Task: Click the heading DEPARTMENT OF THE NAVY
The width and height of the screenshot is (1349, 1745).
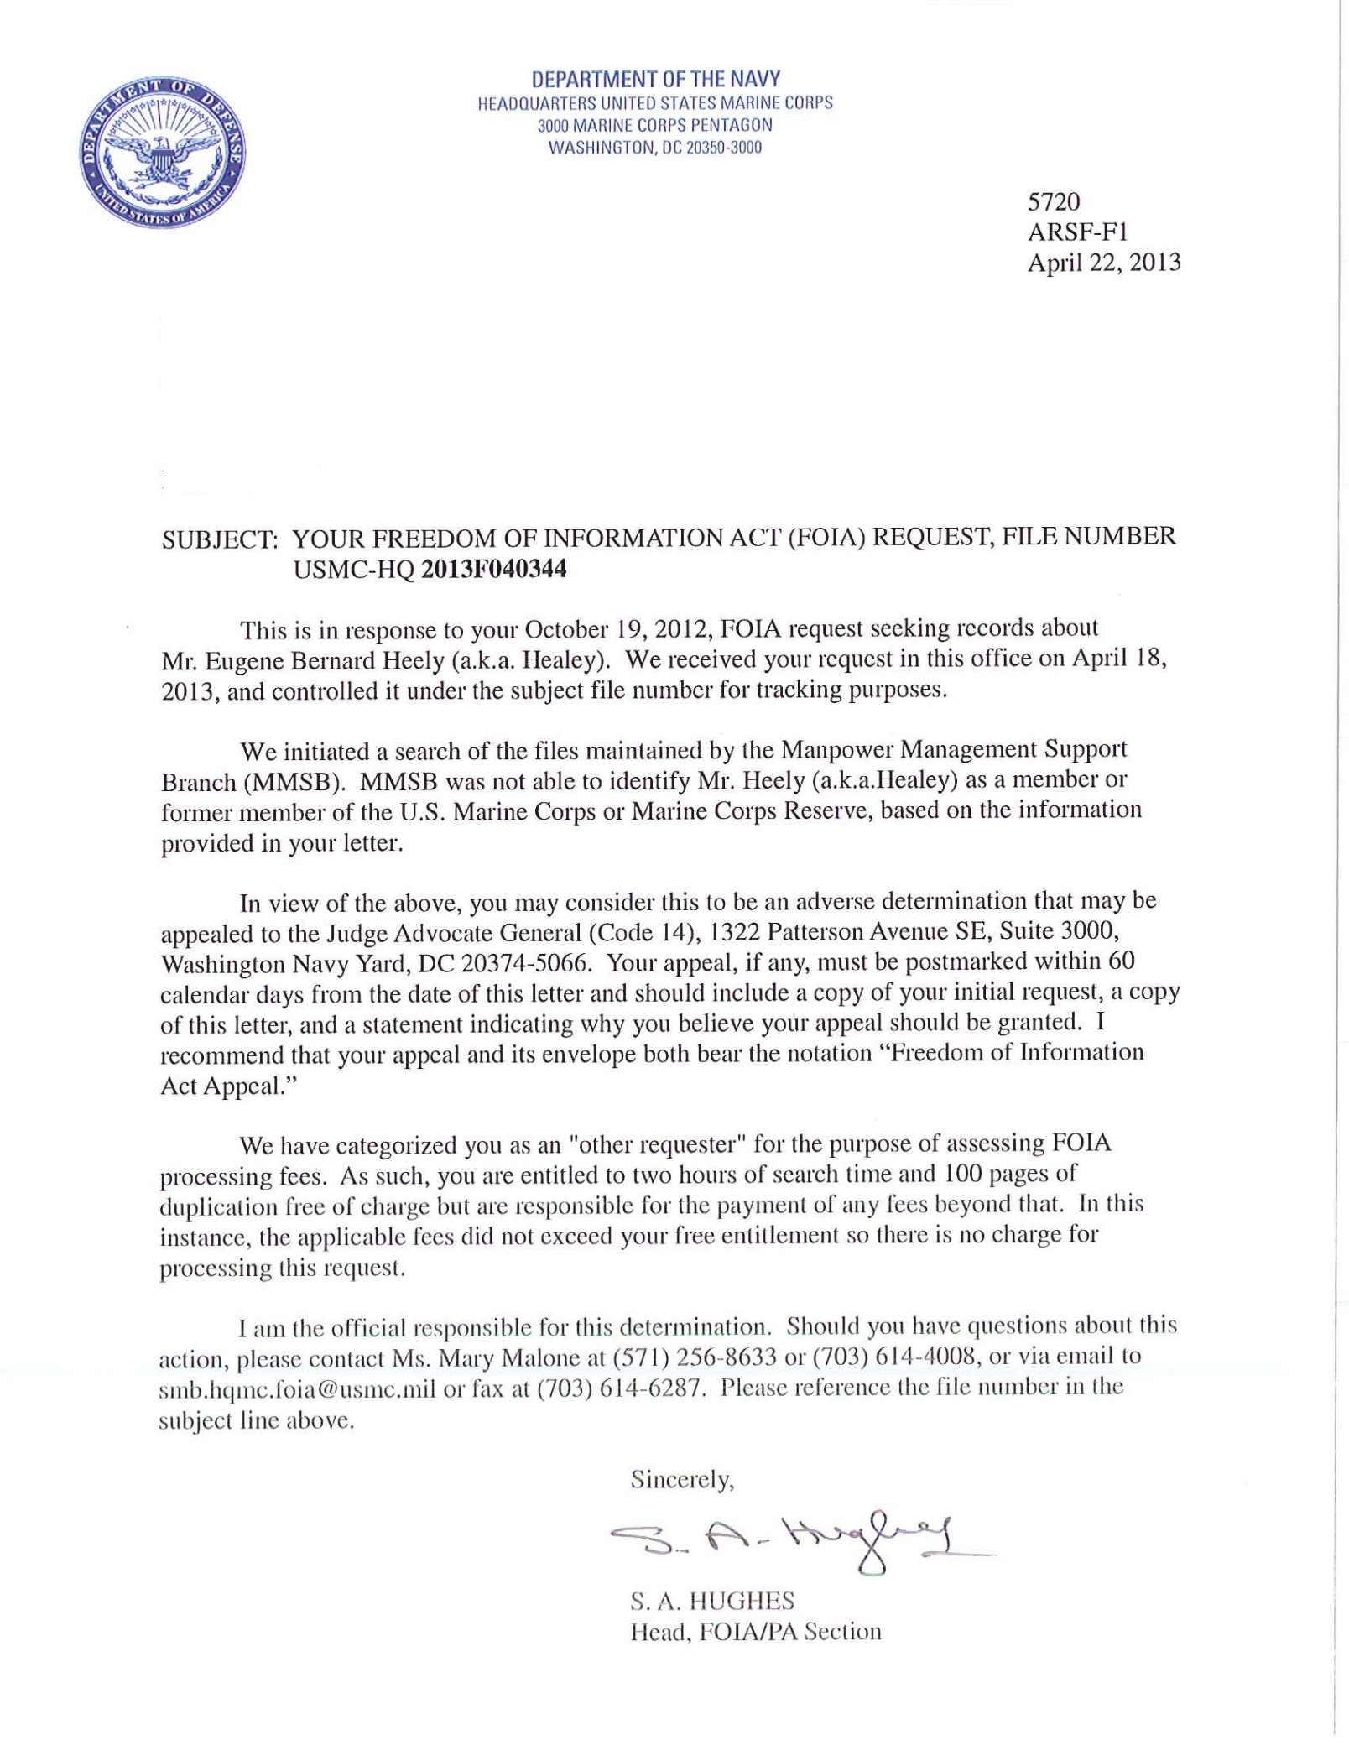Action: pos(655,80)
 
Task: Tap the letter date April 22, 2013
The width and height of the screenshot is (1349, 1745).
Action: pos(1103,263)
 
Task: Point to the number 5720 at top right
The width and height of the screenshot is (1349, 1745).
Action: pos(1054,202)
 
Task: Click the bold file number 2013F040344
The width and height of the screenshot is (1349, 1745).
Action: pos(493,570)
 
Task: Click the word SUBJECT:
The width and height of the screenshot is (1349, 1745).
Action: pos(220,539)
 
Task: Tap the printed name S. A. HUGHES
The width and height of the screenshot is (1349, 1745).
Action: pos(711,1601)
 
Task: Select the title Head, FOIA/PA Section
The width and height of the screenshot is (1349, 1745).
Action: pos(755,1632)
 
